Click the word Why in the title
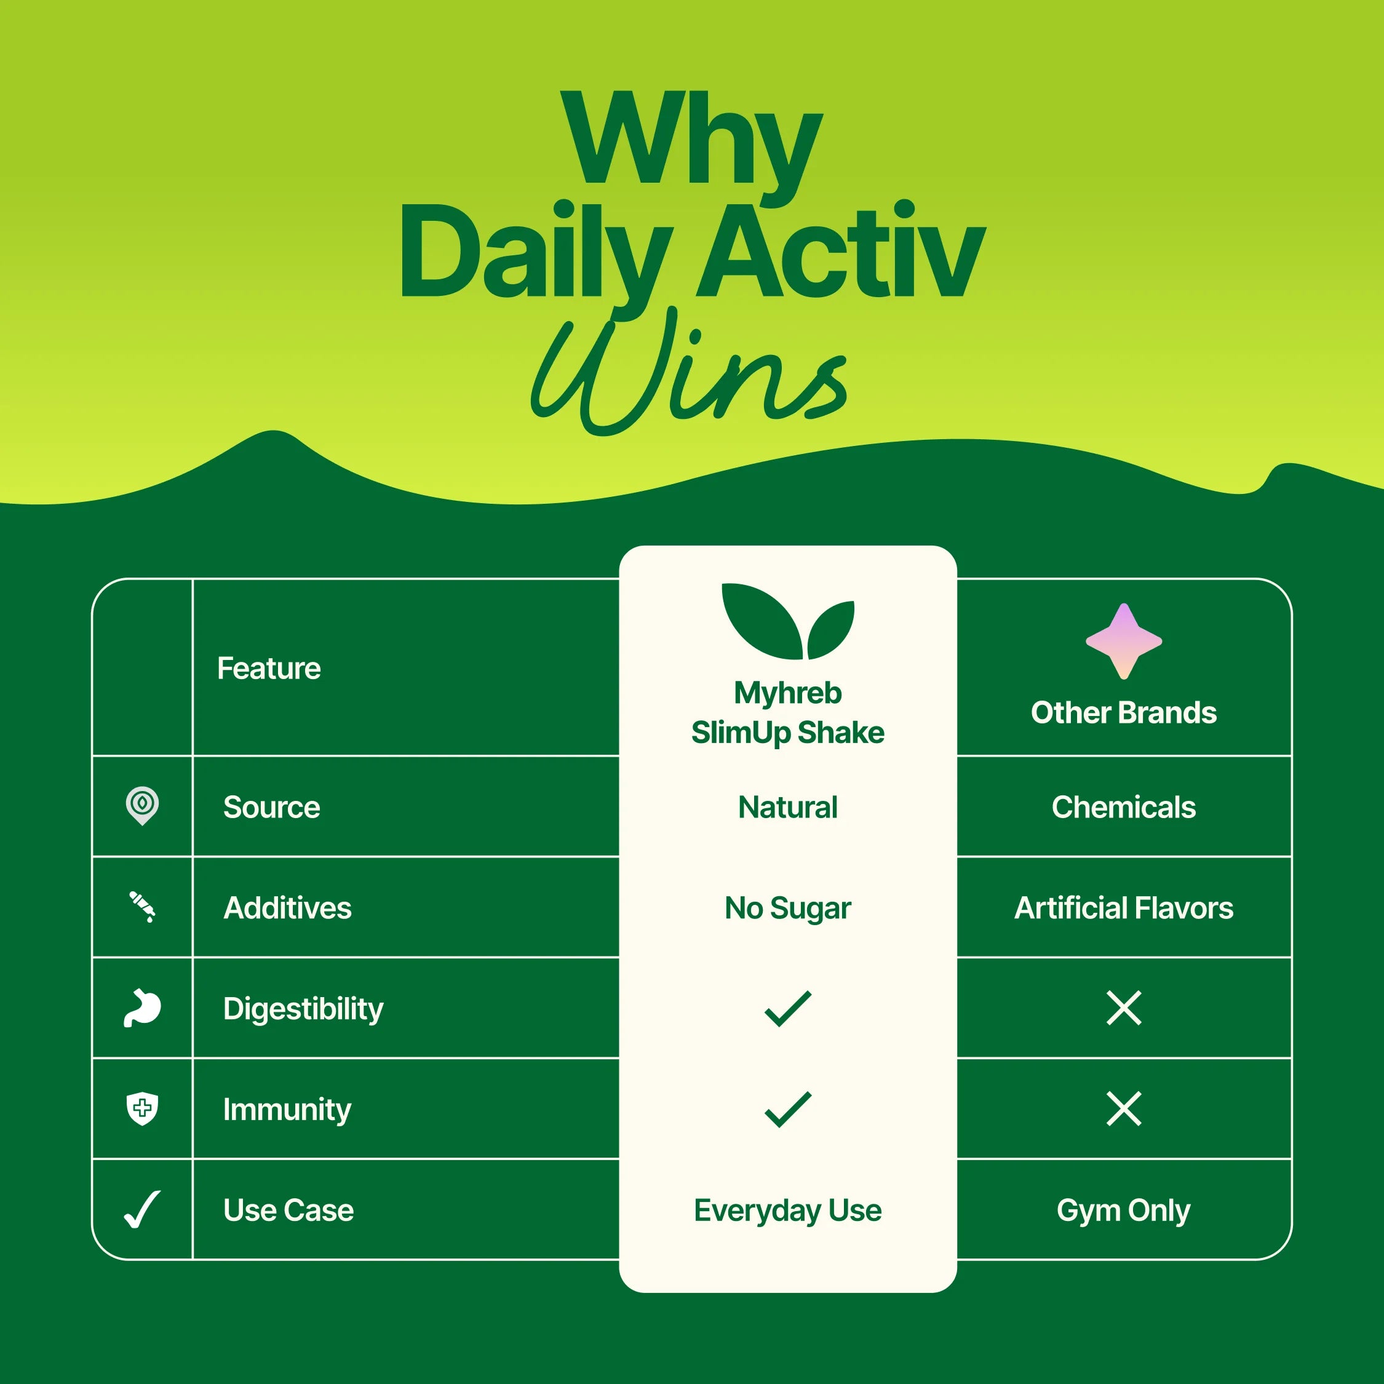coord(691,140)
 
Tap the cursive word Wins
coord(689,373)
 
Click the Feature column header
coord(269,669)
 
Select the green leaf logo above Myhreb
coord(787,621)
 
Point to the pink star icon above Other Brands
coord(1123,641)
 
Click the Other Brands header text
coord(1123,713)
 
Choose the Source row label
coord(271,807)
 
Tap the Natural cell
coord(787,807)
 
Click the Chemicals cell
coord(1123,807)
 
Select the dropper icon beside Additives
coord(142,906)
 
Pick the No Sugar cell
coord(787,909)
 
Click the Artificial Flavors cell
coord(1123,909)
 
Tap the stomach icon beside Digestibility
coord(142,1008)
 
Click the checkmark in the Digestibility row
coord(787,1008)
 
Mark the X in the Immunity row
coord(1123,1109)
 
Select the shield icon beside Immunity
coord(142,1109)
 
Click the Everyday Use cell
coord(787,1211)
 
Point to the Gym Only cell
coord(1123,1211)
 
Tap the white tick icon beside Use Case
coord(142,1210)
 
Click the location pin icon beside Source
coord(142,805)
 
